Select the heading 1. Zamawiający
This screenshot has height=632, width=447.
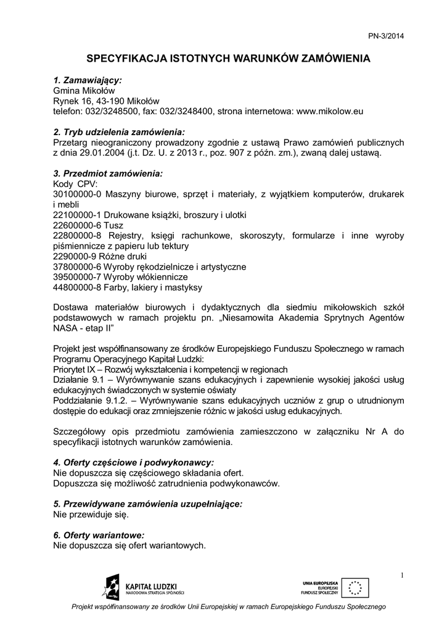88,80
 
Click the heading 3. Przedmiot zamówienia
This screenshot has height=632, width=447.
108,174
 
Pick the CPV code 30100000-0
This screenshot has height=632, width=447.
78,194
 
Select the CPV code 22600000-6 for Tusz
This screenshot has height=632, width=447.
78,225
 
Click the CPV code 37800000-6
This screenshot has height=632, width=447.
78,267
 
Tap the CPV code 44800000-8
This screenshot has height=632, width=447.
78,288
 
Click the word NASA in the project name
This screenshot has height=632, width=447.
65,329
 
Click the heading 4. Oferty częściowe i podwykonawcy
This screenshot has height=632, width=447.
134,462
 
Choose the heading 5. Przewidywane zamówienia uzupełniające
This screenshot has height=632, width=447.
148,504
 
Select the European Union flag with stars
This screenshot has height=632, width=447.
356,588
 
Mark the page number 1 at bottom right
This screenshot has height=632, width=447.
401,576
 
